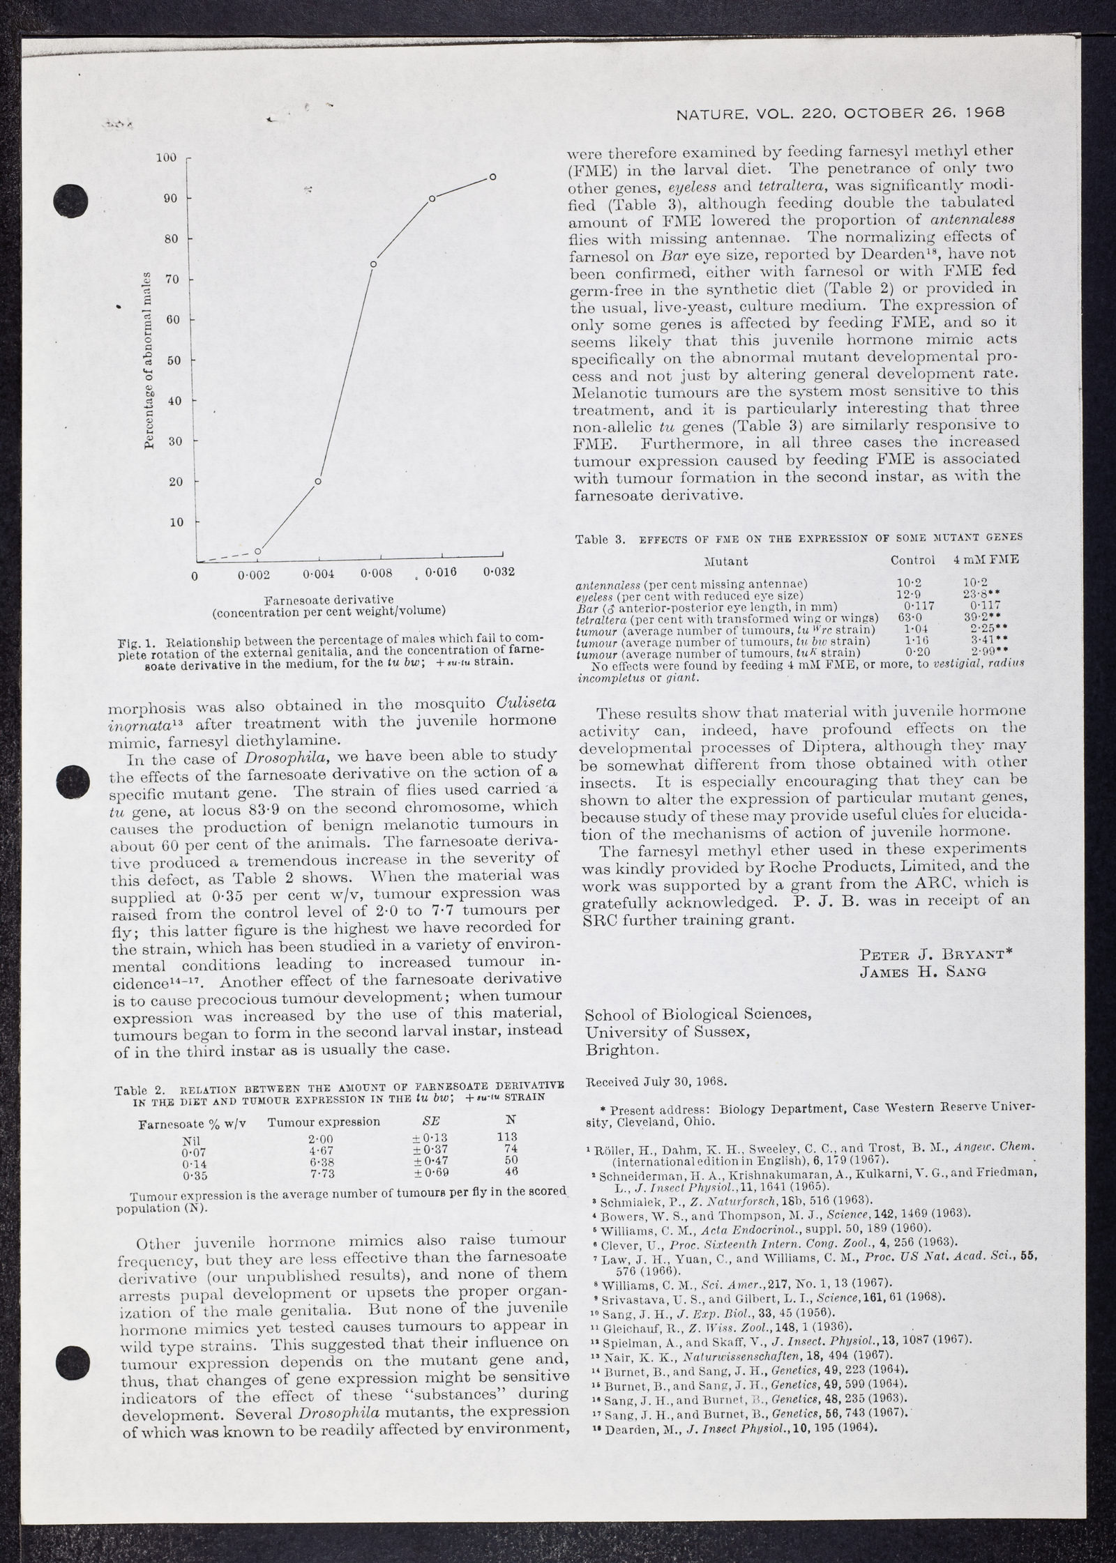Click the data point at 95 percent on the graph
(x=492, y=177)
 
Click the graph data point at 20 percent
(x=318, y=481)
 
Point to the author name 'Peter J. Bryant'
(x=937, y=954)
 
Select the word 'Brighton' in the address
(x=621, y=1050)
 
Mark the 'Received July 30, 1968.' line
(x=656, y=1082)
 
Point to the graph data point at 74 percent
(x=374, y=264)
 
